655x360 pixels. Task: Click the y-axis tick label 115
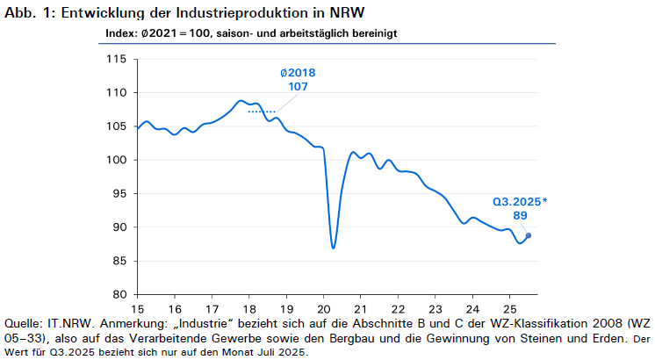116,59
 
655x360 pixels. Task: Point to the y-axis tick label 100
116,160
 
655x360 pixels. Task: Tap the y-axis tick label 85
119,261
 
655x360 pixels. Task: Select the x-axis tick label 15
138,309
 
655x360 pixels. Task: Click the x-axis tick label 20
324,309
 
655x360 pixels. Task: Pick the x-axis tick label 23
435,309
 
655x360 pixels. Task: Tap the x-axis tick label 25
509,309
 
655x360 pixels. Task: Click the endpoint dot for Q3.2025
529,235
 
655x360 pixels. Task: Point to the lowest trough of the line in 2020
333,248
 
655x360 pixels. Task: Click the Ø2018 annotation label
298,73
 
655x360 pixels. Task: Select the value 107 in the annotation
298,86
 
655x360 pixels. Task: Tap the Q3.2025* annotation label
520,202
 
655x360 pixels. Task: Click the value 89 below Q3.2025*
520,215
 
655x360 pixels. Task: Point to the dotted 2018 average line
262,112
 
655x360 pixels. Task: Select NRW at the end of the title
347,12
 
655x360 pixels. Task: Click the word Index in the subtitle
121,33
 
